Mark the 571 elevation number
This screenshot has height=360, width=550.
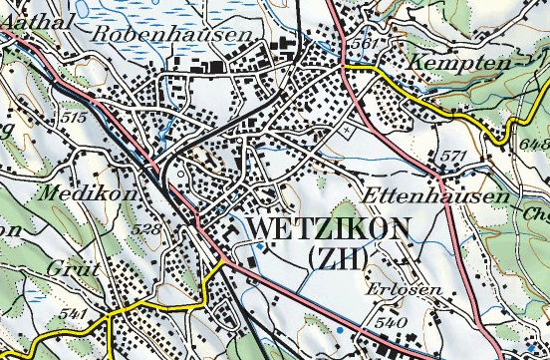[453, 157]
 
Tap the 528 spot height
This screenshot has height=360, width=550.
[145, 230]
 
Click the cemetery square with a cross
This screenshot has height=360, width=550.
[346, 130]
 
